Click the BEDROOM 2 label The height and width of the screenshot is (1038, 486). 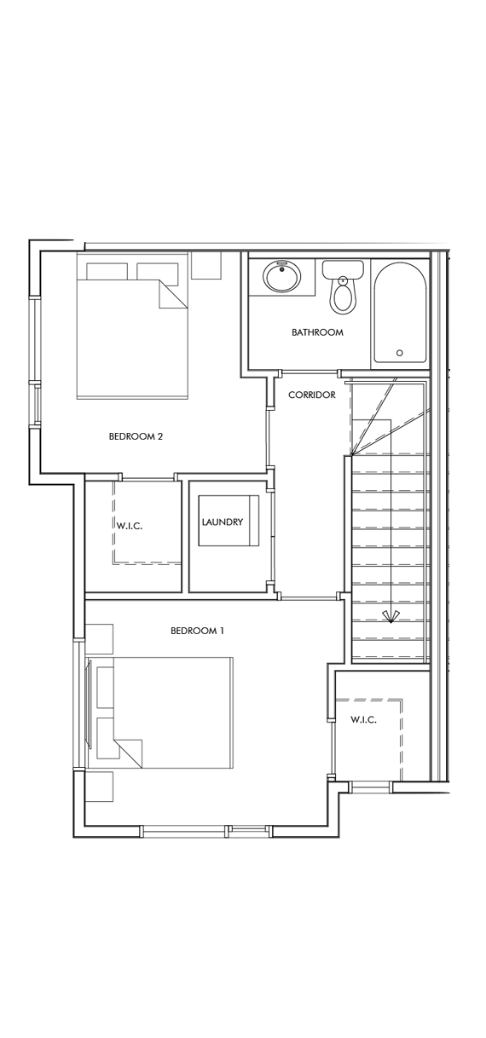tap(136, 436)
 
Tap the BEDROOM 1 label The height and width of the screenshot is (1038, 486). tap(197, 631)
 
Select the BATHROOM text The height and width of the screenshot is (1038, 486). tap(317, 332)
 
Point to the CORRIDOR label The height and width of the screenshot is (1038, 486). tap(311, 395)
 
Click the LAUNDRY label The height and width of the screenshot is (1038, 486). tap(223, 522)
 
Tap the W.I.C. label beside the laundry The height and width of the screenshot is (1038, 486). tap(129, 526)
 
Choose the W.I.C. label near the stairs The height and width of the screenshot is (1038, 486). tap(363, 720)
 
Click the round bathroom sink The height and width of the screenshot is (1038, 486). tap(281, 277)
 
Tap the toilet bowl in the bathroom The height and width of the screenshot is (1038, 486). tap(343, 297)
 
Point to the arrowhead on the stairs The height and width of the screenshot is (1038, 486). tap(391, 616)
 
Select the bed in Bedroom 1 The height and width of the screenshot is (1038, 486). tap(171, 712)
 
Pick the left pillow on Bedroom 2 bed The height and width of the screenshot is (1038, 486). tap(107, 272)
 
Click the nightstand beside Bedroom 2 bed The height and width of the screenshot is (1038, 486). tap(205, 264)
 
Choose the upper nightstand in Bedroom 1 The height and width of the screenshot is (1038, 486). tap(99, 638)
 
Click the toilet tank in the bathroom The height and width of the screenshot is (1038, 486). tap(343, 269)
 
